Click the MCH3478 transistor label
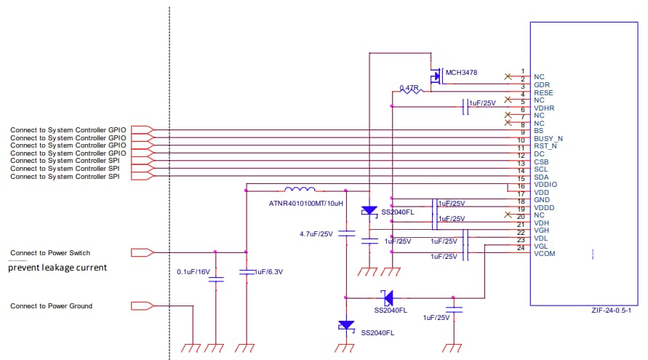pyautogui.click(x=461, y=73)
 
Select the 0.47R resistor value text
pyautogui.click(x=410, y=88)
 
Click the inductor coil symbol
pyautogui.click(x=300, y=188)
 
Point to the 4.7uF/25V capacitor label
pyautogui.click(x=316, y=234)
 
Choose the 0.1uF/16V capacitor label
pyautogui.click(x=193, y=271)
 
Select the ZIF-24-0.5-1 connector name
pyautogui.click(x=612, y=310)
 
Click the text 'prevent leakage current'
pyautogui.click(x=57, y=268)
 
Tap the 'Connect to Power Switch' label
pyautogui.click(x=50, y=253)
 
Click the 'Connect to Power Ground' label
pyautogui.click(x=51, y=306)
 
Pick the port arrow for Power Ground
pyautogui.click(x=142, y=305)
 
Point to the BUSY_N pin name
pyautogui.click(x=548, y=138)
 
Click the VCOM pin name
pyautogui.click(x=544, y=253)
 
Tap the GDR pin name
pyautogui.click(x=541, y=84)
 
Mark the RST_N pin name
pyautogui.click(x=545, y=146)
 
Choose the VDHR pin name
pyautogui.click(x=544, y=108)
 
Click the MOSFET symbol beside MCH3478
pyautogui.click(x=436, y=76)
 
